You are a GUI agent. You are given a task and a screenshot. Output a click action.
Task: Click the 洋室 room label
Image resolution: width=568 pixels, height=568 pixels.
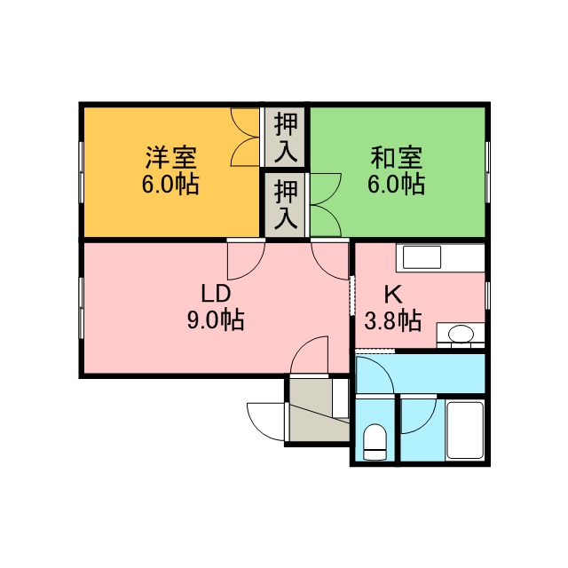[x=171, y=158]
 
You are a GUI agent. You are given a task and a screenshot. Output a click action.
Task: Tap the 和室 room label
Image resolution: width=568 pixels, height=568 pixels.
[x=397, y=158]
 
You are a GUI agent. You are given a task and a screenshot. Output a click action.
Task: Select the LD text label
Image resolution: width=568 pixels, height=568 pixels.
[x=216, y=294]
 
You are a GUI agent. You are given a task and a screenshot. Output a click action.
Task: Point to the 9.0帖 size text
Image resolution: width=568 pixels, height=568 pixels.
[x=216, y=319]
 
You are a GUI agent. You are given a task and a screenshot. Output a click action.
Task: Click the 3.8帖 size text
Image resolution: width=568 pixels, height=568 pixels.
[x=392, y=320]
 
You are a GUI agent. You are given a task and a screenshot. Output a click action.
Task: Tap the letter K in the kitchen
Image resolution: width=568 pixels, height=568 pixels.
[x=392, y=294]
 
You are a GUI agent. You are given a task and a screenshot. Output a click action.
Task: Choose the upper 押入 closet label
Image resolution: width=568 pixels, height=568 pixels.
[x=286, y=138]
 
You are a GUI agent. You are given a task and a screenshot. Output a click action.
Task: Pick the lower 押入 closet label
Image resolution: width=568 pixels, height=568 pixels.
[x=286, y=205]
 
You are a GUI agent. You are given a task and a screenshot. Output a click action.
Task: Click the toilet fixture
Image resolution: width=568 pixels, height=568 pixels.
[x=375, y=442]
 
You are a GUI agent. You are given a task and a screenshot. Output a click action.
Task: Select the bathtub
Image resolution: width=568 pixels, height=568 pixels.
[x=465, y=430]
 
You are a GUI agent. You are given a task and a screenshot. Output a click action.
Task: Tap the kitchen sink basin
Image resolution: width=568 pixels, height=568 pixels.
[x=422, y=257]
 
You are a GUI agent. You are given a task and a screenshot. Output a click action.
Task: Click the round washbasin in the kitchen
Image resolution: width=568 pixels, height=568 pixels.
[x=461, y=334]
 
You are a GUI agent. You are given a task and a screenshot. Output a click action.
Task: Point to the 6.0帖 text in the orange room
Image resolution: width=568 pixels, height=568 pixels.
[x=170, y=184]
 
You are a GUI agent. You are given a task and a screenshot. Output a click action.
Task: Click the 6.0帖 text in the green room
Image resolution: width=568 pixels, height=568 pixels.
[x=397, y=184]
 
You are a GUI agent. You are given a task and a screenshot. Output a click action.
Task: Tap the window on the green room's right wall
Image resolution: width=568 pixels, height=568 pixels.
[x=487, y=172]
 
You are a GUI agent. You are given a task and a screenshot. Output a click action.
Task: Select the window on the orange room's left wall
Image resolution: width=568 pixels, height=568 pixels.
[x=82, y=172]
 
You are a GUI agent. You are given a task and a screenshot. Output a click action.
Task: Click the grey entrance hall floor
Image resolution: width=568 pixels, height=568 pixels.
[x=315, y=416]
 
